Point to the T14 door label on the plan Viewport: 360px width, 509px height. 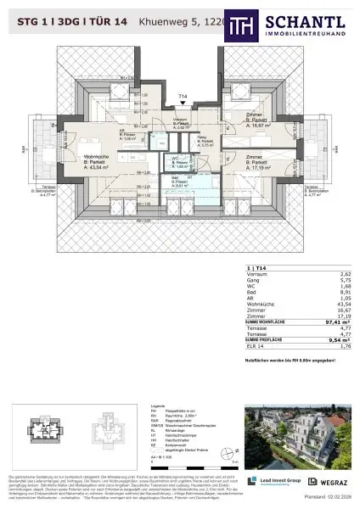182,98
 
